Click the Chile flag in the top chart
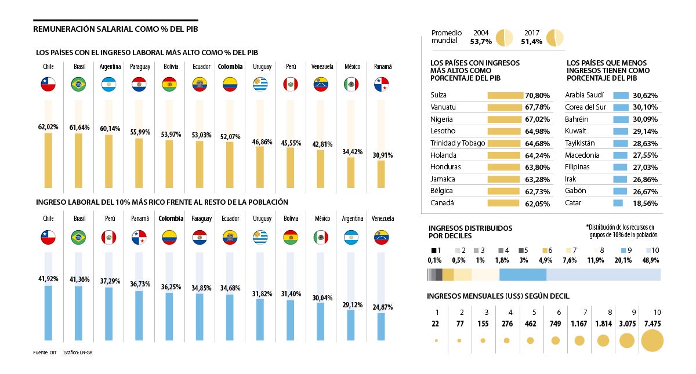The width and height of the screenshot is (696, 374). click(48, 85)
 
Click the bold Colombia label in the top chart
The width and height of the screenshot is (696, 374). click(230, 67)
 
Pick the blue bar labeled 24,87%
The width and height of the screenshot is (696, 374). click(381, 326)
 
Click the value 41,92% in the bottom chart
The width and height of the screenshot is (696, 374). click(48, 279)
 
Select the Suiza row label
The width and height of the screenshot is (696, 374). click(438, 95)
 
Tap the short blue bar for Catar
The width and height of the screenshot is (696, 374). click(618, 204)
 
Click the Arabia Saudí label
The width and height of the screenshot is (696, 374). click(584, 95)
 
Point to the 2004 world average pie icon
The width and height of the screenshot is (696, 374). click(505, 37)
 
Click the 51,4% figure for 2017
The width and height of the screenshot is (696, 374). click(531, 42)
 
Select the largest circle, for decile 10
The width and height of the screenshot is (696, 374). click(651, 340)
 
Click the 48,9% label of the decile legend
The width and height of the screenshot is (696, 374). click(650, 260)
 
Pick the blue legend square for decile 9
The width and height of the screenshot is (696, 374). click(618, 250)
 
